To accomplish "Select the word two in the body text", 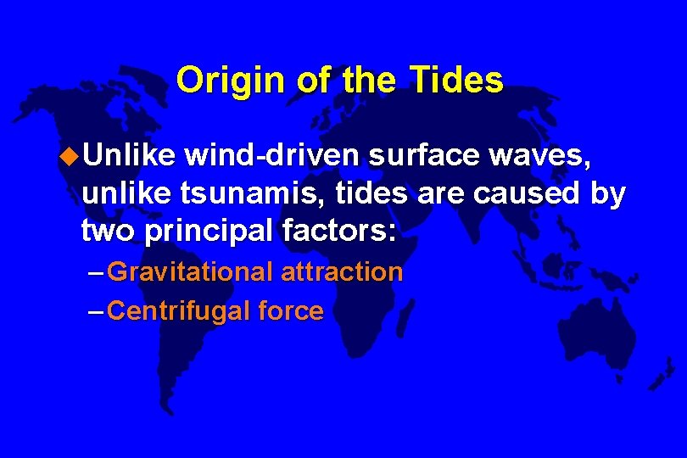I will (104, 230).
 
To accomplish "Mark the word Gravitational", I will (191, 272).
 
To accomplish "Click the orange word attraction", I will (341, 272).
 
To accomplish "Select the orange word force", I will (291, 311).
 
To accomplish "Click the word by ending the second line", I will (608, 193).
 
